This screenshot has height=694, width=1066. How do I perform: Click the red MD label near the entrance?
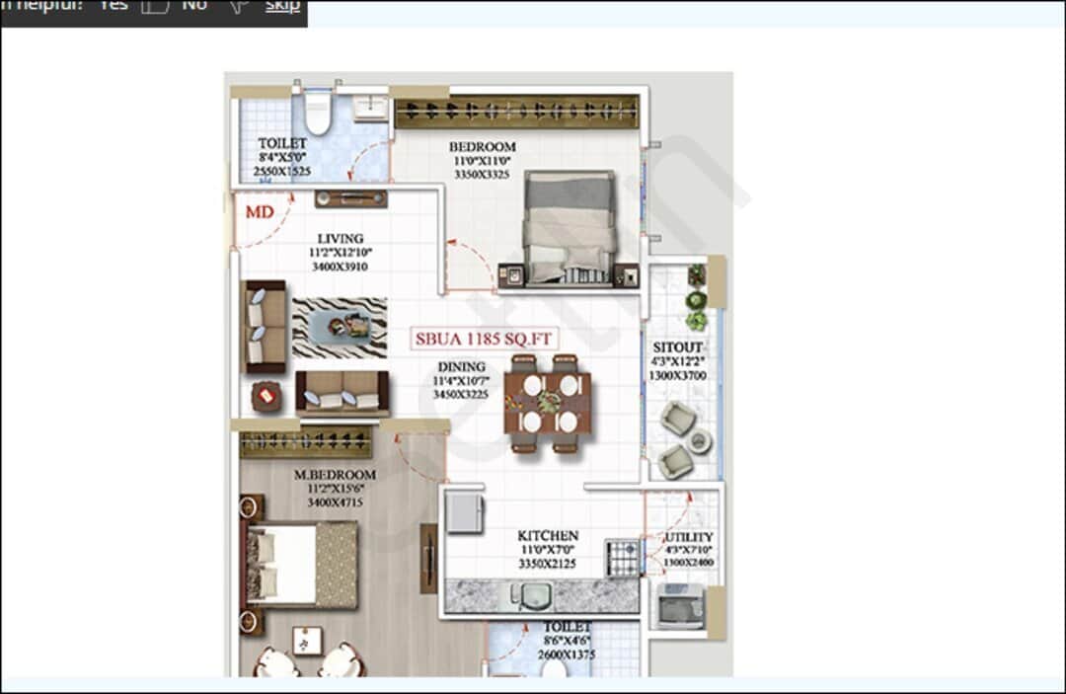click(x=260, y=211)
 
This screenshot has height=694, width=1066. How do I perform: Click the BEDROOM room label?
click(x=482, y=147)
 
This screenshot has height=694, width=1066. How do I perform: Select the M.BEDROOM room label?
click(x=335, y=475)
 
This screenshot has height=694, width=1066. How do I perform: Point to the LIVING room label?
click(x=340, y=238)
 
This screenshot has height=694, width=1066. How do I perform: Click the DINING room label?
click(x=461, y=367)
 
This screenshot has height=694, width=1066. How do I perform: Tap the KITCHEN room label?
click(x=548, y=536)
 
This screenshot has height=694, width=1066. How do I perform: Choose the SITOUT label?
click(x=677, y=347)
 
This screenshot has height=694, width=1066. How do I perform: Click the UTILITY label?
click(x=688, y=537)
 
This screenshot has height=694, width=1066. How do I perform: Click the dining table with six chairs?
click(x=549, y=403)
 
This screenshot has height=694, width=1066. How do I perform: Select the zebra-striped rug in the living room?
click(x=339, y=328)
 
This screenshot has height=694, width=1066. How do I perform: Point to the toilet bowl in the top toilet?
click(x=317, y=114)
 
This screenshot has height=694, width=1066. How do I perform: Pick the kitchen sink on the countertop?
click(x=534, y=595)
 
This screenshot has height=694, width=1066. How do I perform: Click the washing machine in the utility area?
click(x=681, y=605)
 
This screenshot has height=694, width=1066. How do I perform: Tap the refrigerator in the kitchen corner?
click(x=463, y=513)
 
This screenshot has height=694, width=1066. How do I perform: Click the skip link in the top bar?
click(x=282, y=6)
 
